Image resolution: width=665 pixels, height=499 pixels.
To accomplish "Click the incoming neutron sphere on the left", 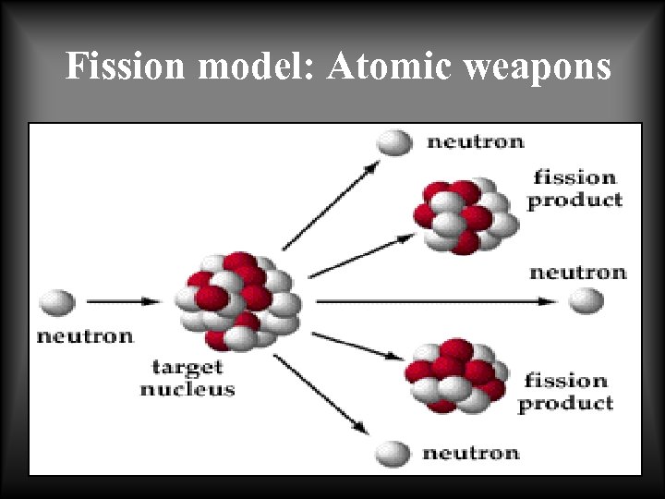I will [57, 301].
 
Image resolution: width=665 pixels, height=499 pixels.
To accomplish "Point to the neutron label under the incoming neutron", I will [85, 335].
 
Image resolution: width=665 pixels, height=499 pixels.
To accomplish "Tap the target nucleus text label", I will [187, 378].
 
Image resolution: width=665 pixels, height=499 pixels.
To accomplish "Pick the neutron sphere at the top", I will [394, 141].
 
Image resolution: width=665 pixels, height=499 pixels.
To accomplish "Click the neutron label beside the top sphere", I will [475, 141].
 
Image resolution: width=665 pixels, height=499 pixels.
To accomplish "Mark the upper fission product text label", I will [574, 188].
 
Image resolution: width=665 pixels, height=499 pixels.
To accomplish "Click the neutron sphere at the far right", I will [586, 301].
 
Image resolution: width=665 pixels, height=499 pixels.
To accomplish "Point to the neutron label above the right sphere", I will [577, 272].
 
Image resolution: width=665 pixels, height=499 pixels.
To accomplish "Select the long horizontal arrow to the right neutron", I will [434, 301].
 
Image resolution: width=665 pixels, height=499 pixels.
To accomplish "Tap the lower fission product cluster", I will [455, 375].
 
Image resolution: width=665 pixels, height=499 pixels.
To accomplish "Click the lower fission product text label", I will [565, 391].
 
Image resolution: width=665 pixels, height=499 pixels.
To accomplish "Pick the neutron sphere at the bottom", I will [393, 454].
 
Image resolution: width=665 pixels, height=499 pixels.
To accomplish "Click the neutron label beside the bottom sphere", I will [470, 453].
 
